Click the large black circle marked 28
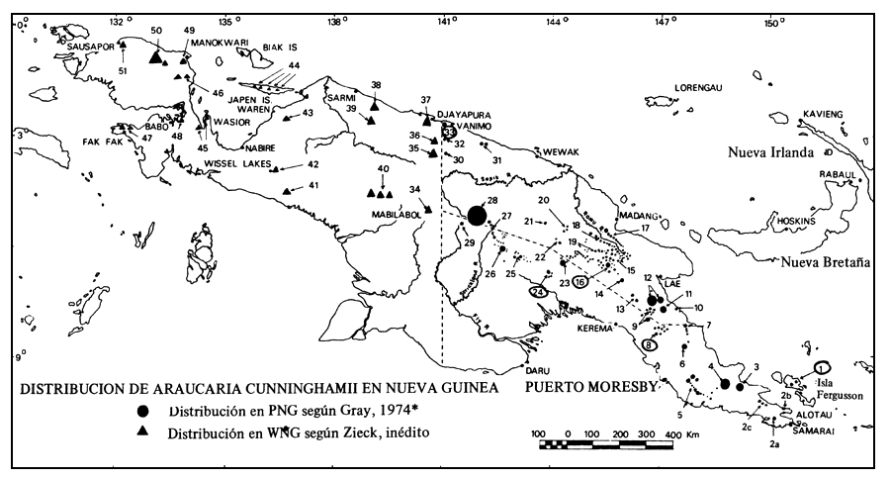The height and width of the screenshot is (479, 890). pyautogui.click(x=477, y=216)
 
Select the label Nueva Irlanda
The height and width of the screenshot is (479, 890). pyautogui.click(x=769, y=152)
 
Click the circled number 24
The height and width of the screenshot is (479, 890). pyautogui.click(x=539, y=292)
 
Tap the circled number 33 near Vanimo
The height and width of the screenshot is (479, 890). pyautogui.click(x=449, y=131)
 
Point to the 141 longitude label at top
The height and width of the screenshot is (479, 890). pyautogui.click(x=445, y=20)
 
